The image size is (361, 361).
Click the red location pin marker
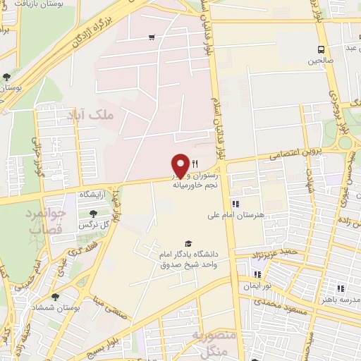(180, 164)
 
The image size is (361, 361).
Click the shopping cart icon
(152, 37)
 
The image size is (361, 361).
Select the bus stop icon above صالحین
(322, 49)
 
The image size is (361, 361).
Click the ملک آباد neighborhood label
(91, 113)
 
